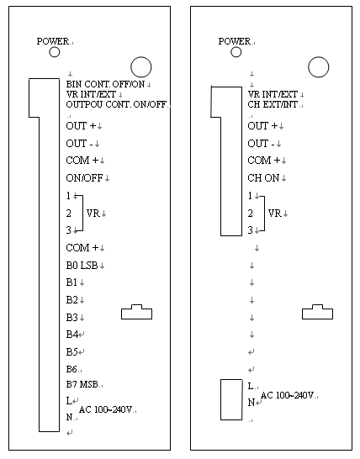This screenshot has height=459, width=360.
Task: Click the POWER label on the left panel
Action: [x=53, y=41]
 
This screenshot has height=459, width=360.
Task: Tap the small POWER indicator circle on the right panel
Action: [x=236, y=52]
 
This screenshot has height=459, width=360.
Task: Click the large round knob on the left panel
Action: [x=141, y=67]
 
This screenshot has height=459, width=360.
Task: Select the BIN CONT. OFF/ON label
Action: [x=105, y=84]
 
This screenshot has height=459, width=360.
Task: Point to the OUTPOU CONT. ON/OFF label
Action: [x=116, y=104]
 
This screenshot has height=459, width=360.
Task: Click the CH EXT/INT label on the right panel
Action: [x=273, y=104]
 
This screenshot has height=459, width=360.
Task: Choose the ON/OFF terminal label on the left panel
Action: [x=84, y=177]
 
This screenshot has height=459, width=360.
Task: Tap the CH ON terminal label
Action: [x=263, y=177]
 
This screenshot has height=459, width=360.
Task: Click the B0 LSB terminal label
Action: [x=82, y=265]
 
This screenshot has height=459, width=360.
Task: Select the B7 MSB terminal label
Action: [x=82, y=384]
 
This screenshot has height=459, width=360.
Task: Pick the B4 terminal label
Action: [x=71, y=335]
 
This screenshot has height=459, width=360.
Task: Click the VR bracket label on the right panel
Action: [x=275, y=214]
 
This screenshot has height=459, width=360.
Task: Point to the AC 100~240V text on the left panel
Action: [x=105, y=409]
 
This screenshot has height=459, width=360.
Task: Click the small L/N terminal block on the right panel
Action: [x=231, y=400]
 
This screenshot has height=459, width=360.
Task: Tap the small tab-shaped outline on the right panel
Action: [x=317, y=312]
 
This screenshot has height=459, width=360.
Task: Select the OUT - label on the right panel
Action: [x=261, y=144]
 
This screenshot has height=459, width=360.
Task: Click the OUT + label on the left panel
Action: [x=81, y=126]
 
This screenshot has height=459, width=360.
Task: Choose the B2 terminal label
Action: [x=71, y=300]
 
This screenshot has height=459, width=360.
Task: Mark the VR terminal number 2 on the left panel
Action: [x=68, y=214]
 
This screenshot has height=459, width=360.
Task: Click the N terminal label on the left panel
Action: [x=69, y=417]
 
